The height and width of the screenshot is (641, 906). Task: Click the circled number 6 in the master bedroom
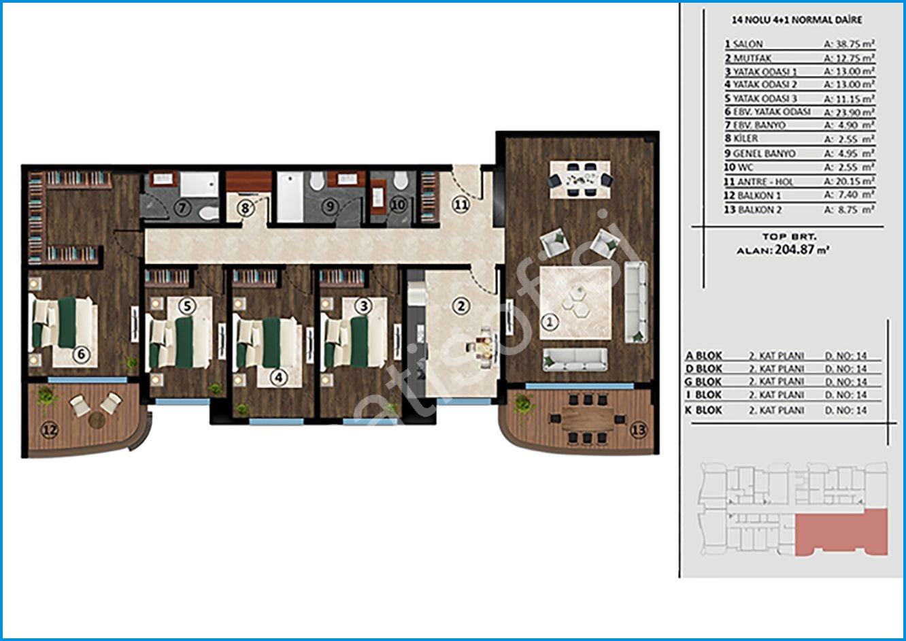tap(81, 355)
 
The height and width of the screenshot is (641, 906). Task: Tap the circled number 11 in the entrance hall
tap(460, 205)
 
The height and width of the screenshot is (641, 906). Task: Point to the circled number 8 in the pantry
tap(244, 208)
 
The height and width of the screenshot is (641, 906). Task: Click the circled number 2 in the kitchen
tap(461, 306)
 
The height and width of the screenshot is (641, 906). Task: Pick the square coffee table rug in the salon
tap(575, 303)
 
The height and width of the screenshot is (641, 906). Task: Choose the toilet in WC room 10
tap(401, 180)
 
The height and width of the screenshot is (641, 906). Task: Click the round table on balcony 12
tap(97, 421)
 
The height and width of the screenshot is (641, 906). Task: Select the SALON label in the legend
tap(748, 44)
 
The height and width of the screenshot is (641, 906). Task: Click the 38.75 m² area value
tap(849, 44)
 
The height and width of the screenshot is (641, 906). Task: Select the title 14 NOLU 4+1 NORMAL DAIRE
tap(796, 20)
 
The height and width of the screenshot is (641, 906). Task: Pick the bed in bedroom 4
tap(268, 343)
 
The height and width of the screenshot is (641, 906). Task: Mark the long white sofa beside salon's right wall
tap(636, 302)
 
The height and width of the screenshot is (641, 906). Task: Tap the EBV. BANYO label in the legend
tap(760, 125)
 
